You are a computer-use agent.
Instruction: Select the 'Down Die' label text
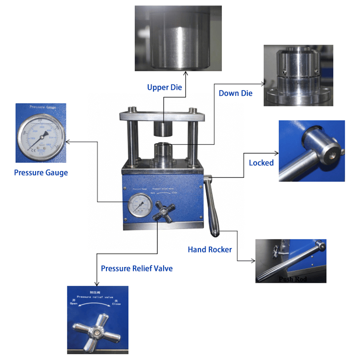[x=235, y=93]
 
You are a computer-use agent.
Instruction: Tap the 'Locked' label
[x=261, y=163]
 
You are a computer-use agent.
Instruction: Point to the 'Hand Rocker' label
[x=209, y=250]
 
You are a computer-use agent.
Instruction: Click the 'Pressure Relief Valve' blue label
[x=137, y=268]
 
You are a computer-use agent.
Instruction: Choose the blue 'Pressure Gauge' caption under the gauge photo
[x=41, y=173]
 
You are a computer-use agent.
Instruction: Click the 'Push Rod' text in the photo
[x=292, y=279]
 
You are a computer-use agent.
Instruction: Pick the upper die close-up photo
[x=178, y=38]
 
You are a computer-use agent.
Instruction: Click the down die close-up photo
[x=298, y=76]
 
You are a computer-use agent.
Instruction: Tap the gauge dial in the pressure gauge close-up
[x=41, y=134]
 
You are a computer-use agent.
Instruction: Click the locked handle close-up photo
[x=311, y=151]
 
